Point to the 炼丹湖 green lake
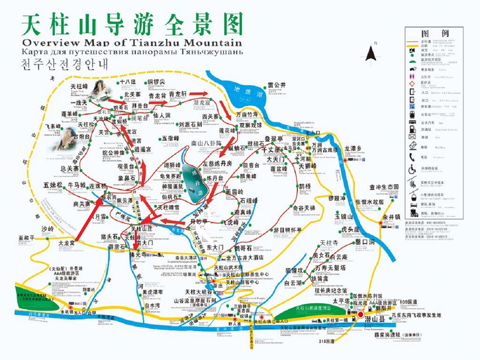[x=194, y=183]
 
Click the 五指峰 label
[x=171, y=138]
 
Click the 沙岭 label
[x=47, y=229]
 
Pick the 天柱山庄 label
[x=144, y=228]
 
